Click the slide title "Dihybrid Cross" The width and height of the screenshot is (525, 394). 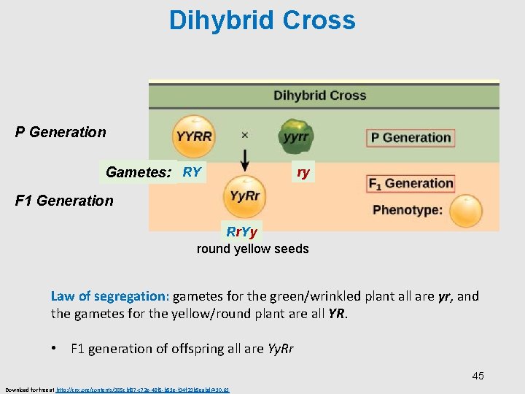pyautogui.click(x=262, y=20)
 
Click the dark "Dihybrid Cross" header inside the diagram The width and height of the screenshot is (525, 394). pyautogui.click(x=319, y=96)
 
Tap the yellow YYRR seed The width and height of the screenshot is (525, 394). pyautogui.click(x=194, y=136)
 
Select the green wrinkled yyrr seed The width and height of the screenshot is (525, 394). pyautogui.click(x=295, y=136)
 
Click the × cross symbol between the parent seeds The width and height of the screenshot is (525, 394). pyautogui.click(x=245, y=135)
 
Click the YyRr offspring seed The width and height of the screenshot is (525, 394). pyautogui.click(x=244, y=195)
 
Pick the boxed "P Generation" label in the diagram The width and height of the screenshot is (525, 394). pyautogui.click(x=411, y=137)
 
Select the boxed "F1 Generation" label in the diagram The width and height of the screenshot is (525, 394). pyautogui.click(x=411, y=183)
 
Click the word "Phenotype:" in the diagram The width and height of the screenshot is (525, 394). pyautogui.click(x=408, y=210)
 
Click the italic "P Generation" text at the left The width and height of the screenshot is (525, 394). pyautogui.click(x=61, y=132)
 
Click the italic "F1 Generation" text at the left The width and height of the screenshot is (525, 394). pyautogui.click(x=64, y=201)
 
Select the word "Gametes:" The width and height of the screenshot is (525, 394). pyautogui.click(x=139, y=173)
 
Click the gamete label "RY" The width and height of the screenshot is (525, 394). pyautogui.click(x=192, y=173)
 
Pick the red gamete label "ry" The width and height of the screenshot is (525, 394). pyautogui.click(x=303, y=173)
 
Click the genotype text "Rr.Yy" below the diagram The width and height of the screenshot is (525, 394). pyautogui.click(x=241, y=233)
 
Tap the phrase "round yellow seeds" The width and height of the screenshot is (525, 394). pyautogui.click(x=252, y=249)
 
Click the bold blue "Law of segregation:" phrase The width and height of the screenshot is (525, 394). pyautogui.click(x=109, y=296)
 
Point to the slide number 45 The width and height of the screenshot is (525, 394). pyautogui.click(x=478, y=376)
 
